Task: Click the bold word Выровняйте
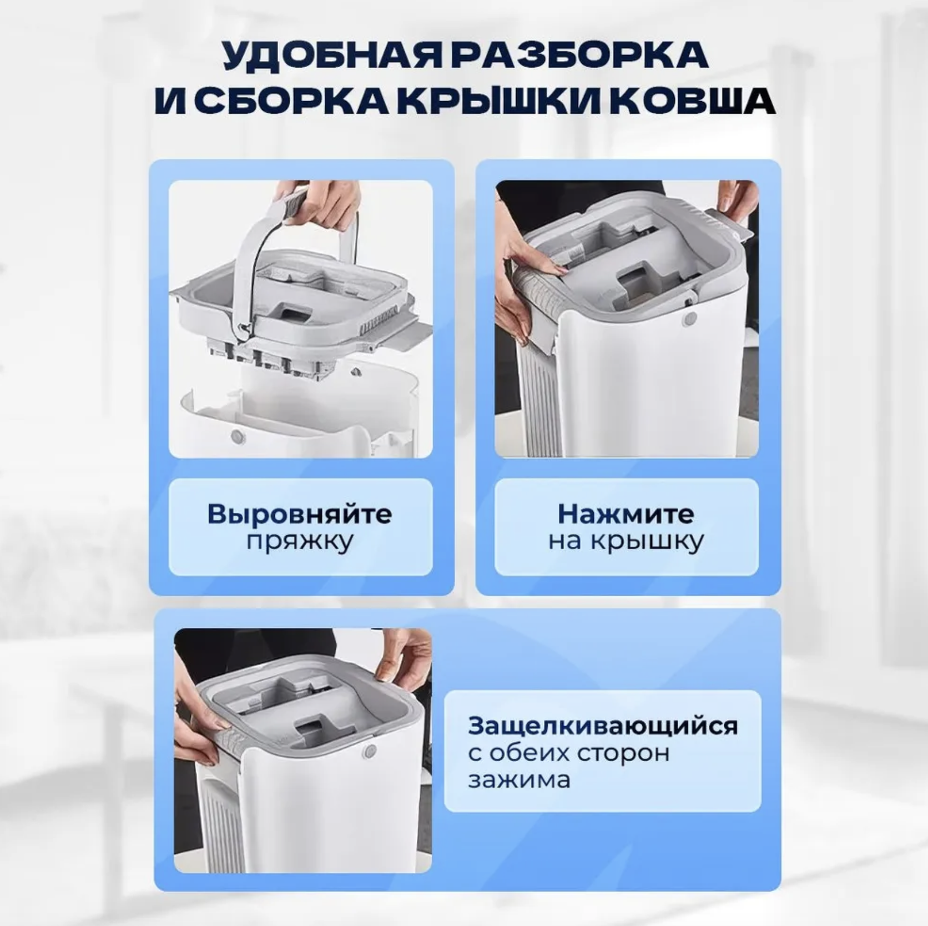tap(300, 514)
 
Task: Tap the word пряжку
tap(300, 541)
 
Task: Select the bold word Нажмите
tap(626, 514)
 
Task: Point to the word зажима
tap(520, 780)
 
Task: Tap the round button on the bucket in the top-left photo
tap(238, 436)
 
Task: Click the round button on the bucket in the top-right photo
tap(690, 319)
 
